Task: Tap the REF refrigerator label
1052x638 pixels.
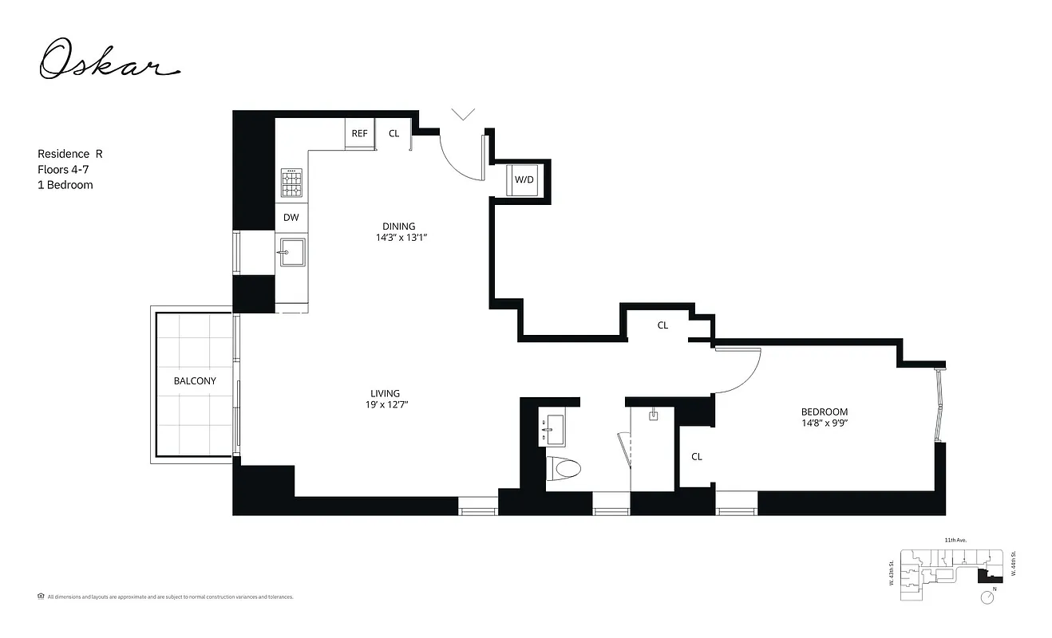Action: (360, 133)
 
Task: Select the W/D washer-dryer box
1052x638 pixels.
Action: (524, 180)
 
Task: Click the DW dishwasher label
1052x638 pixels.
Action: (291, 217)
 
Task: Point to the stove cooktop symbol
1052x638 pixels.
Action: (292, 183)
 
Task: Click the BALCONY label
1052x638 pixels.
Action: (195, 381)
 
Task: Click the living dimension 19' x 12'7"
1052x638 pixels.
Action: (385, 404)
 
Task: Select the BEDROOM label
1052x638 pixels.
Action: (824, 412)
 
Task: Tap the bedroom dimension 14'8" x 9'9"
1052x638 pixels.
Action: (824, 423)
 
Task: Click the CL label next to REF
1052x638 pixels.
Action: (394, 133)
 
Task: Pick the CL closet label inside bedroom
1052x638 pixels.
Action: (696, 457)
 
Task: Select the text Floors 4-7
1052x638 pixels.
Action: (65, 169)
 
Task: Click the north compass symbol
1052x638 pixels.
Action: (988, 598)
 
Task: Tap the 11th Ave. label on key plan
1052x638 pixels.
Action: (955, 540)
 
